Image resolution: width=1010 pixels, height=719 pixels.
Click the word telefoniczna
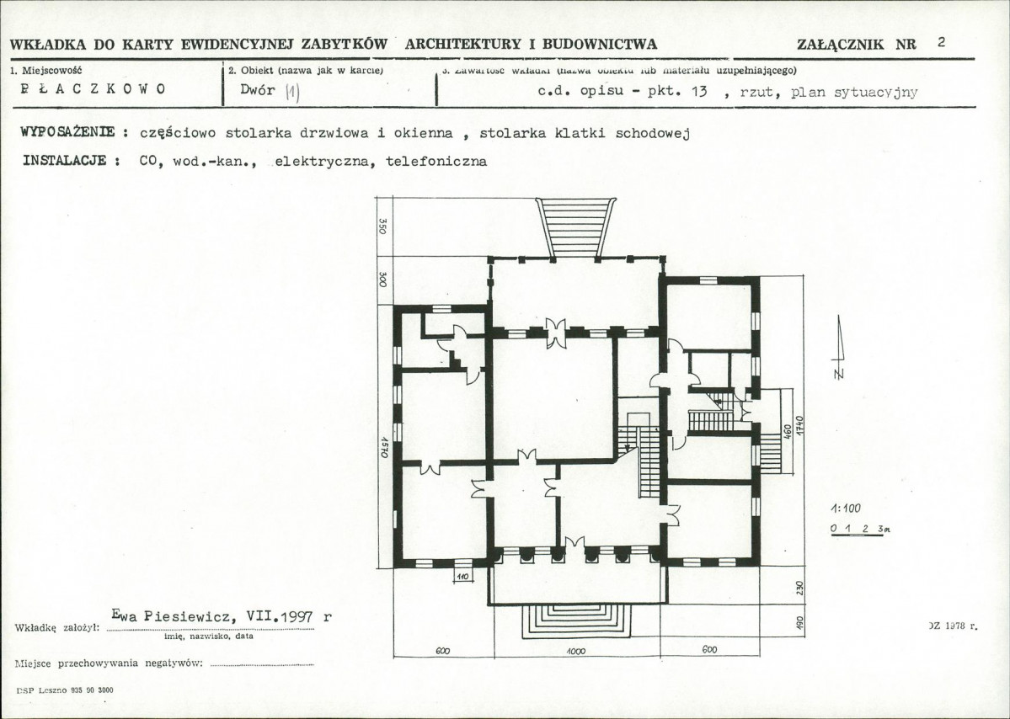[436, 161]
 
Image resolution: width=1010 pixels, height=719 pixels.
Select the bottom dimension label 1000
[576, 651]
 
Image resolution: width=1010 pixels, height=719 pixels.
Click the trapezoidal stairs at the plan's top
[576, 226]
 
